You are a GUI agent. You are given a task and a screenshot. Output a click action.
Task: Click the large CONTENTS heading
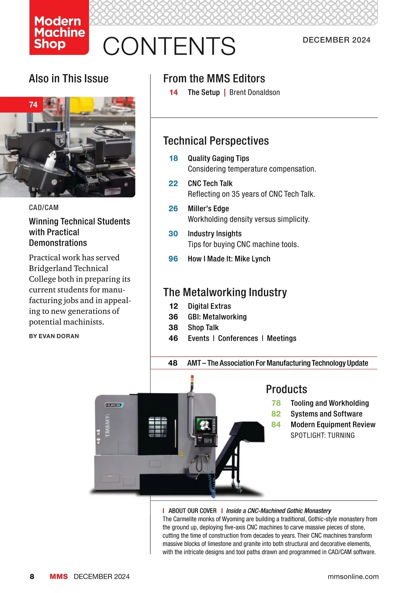click(169, 46)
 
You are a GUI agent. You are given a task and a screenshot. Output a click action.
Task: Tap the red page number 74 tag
click(33, 104)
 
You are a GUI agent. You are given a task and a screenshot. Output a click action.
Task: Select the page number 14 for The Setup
click(174, 92)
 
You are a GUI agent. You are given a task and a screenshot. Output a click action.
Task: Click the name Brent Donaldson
click(255, 92)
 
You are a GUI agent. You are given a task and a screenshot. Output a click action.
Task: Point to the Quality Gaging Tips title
click(218, 158)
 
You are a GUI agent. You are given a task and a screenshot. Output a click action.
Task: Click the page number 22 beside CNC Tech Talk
click(173, 183)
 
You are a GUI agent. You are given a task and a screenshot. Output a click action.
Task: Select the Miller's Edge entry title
click(208, 209)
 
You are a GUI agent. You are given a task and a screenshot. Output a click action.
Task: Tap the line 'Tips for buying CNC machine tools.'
click(243, 244)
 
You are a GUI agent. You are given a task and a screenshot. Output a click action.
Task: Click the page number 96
click(173, 259)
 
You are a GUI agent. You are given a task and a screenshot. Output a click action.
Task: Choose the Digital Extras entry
click(209, 306)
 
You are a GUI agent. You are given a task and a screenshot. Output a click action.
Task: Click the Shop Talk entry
click(203, 328)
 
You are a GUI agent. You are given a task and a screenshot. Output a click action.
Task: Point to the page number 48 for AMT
click(173, 363)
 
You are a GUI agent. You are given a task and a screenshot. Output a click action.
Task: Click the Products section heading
click(286, 389)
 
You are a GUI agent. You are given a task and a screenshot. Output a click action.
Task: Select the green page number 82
click(276, 414)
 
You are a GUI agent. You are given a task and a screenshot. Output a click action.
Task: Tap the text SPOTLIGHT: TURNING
click(322, 435)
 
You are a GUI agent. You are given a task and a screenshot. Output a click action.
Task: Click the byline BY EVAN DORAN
click(54, 336)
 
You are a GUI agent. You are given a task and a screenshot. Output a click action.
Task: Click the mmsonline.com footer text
click(353, 576)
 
